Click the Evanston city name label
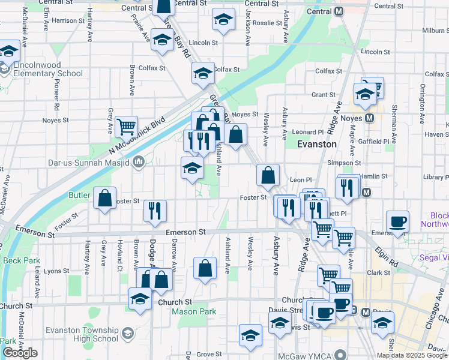tap(318, 145)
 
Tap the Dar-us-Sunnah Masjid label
tap(91, 161)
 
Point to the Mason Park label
tap(193, 312)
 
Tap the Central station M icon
tap(339, 11)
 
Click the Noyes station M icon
tap(370, 118)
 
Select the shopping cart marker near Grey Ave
tap(127, 127)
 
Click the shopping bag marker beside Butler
tap(105, 200)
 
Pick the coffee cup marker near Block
tap(397, 221)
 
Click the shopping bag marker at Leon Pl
tap(268, 175)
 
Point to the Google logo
tap(20, 353)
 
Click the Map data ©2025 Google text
tap(412, 355)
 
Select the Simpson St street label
tap(344, 163)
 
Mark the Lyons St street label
tap(56, 271)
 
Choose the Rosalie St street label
tap(267, 23)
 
